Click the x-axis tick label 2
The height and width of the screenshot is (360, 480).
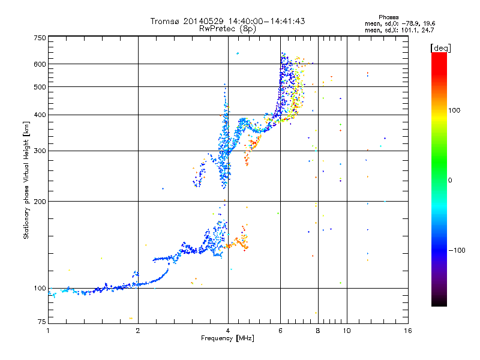pos(138,331)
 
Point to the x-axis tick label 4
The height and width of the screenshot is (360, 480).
pos(228,331)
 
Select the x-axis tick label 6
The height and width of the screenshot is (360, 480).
pos(280,331)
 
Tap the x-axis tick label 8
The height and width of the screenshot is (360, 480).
pos(318,331)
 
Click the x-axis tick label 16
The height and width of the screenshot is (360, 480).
pos(407,331)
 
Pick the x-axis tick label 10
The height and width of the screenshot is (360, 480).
pos(346,331)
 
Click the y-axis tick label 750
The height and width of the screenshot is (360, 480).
pos(40,38)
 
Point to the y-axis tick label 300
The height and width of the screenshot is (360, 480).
pos(40,151)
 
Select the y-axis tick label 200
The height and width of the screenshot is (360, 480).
pos(40,201)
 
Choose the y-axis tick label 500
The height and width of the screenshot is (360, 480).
pos(40,87)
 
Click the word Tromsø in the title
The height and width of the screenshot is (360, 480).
pos(166,21)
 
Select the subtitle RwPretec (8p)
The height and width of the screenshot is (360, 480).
pos(227,28)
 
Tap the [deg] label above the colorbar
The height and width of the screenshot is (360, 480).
pos(441,47)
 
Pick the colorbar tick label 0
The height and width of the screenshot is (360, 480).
pos(451,180)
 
